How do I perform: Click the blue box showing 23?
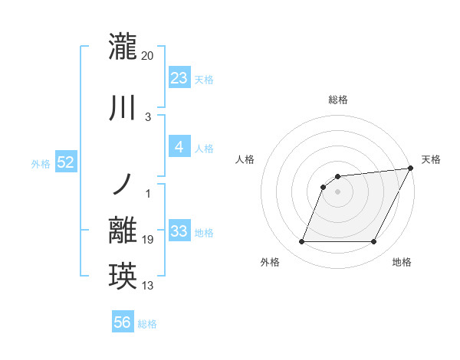(x=179, y=78)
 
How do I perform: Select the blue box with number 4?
(x=179, y=147)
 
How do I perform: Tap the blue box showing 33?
(x=179, y=231)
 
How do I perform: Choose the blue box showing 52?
(x=65, y=162)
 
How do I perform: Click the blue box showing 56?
(x=123, y=322)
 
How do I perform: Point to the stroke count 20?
(x=148, y=55)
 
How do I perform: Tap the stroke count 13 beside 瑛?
(x=148, y=286)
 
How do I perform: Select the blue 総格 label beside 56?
(x=147, y=324)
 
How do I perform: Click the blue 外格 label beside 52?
(x=41, y=163)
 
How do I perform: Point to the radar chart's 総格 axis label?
(x=337, y=100)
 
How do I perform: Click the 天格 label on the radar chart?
(x=431, y=159)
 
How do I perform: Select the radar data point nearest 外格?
(x=301, y=242)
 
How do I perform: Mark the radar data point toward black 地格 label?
(x=373, y=242)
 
